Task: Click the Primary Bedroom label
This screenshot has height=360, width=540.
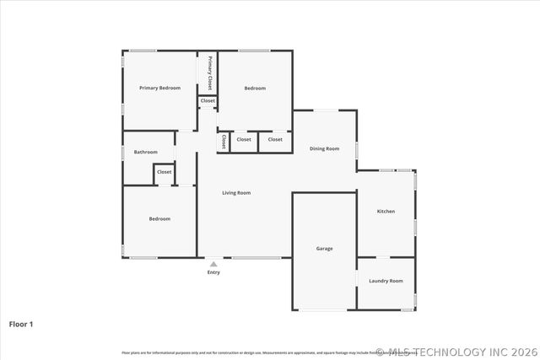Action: point(159,88)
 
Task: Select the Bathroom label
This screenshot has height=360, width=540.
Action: point(146,152)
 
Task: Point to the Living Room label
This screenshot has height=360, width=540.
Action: point(236,193)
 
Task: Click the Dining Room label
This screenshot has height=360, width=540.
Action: point(324,148)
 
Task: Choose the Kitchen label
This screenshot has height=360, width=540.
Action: point(386,211)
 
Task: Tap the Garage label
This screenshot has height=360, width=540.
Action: point(324,249)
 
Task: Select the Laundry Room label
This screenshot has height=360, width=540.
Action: point(386,281)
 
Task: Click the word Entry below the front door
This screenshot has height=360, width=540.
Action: point(213,272)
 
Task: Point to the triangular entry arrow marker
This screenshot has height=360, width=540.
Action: point(213,264)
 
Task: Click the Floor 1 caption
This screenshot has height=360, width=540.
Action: point(21,324)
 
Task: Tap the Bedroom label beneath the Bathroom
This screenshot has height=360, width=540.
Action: point(159,218)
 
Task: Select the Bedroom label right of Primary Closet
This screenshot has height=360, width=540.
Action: point(255,88)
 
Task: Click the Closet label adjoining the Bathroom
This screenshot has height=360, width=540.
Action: point(164,172)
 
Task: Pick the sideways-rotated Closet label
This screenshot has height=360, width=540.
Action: point(224,141)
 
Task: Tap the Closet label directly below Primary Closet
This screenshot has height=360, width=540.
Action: point(208,101)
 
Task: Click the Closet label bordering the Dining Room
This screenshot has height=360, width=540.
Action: point(275,139)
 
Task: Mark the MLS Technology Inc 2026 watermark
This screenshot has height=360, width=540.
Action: point(456,352)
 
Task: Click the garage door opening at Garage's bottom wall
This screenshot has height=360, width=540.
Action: point(324,310)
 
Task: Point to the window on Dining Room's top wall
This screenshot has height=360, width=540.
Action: point(325,110)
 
